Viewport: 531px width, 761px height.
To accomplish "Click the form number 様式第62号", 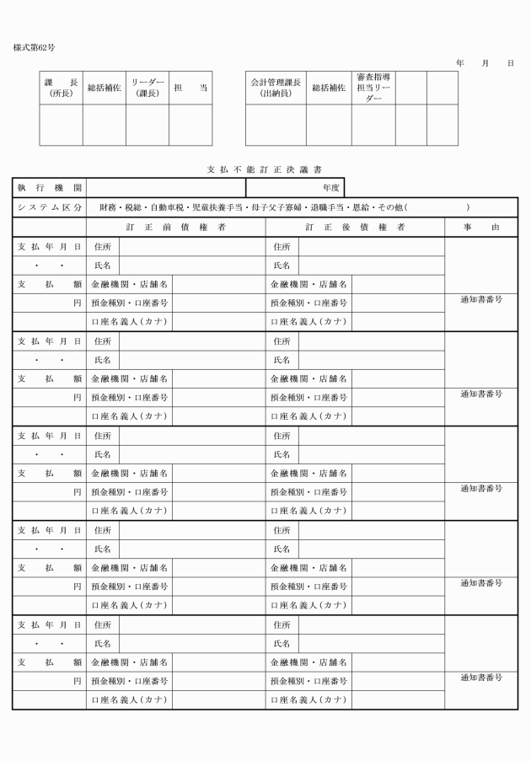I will pos(35,48).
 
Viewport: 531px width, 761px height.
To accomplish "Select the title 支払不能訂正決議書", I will pos(265,169).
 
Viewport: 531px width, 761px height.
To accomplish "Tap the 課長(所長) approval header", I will pos(61,88).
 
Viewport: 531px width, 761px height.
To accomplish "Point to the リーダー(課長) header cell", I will pos(147,88).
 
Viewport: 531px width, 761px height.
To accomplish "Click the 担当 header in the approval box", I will pos(190,88).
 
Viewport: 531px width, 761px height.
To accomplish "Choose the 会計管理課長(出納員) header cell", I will pos(276,88).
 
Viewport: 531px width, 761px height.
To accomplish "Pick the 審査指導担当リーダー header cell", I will pos(373,88).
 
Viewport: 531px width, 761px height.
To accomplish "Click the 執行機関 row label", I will pos(48,188).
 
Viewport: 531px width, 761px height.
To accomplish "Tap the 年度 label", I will pos(331,188).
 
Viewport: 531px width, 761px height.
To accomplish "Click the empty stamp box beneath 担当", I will pos(190,125).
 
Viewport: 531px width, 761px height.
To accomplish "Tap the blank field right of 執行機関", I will pos(165,188).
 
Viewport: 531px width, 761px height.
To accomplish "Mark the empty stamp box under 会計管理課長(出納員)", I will pos(276,125).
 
